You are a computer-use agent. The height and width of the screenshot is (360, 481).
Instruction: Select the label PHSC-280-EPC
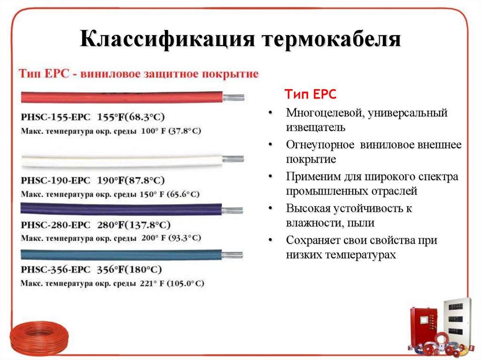[x=55, y=225]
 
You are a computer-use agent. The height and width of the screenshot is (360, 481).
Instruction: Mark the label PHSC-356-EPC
[x=55, y=270]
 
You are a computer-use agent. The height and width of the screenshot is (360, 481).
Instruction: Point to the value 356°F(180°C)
[x=129, y=270]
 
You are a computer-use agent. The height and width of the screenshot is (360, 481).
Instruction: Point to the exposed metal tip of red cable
[x=233, y=97]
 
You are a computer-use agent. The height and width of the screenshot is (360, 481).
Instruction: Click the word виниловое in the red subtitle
[x=113, y=74]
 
